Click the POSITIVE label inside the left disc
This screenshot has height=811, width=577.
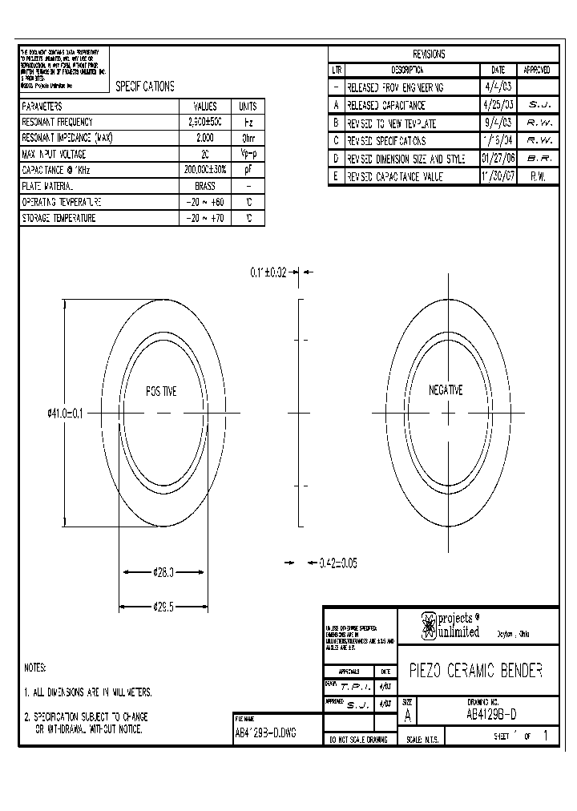[x=161, y=392]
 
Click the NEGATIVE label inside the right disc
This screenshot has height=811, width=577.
[x=446, y=390]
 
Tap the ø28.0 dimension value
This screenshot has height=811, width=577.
[x=163, y=572]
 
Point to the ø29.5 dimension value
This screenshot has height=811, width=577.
[x=163, y=607]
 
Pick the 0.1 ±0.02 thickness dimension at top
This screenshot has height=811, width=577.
[x=267, y=272]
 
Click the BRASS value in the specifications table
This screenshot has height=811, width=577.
[x=204, y=186]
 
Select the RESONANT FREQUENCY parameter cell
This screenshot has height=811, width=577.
[x=58, y=122]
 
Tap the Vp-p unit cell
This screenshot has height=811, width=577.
[x=248, y=154]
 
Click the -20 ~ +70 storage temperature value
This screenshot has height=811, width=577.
[x=204, y=218]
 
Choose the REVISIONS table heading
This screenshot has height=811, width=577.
[x=429, y=54]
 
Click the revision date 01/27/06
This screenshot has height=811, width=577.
[x=498, y=159]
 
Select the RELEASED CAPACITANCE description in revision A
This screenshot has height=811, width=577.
[x=385, y=105]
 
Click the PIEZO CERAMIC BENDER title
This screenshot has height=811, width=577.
[x=476, y=671]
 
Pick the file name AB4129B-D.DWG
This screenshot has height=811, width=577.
[x=265, y=732]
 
